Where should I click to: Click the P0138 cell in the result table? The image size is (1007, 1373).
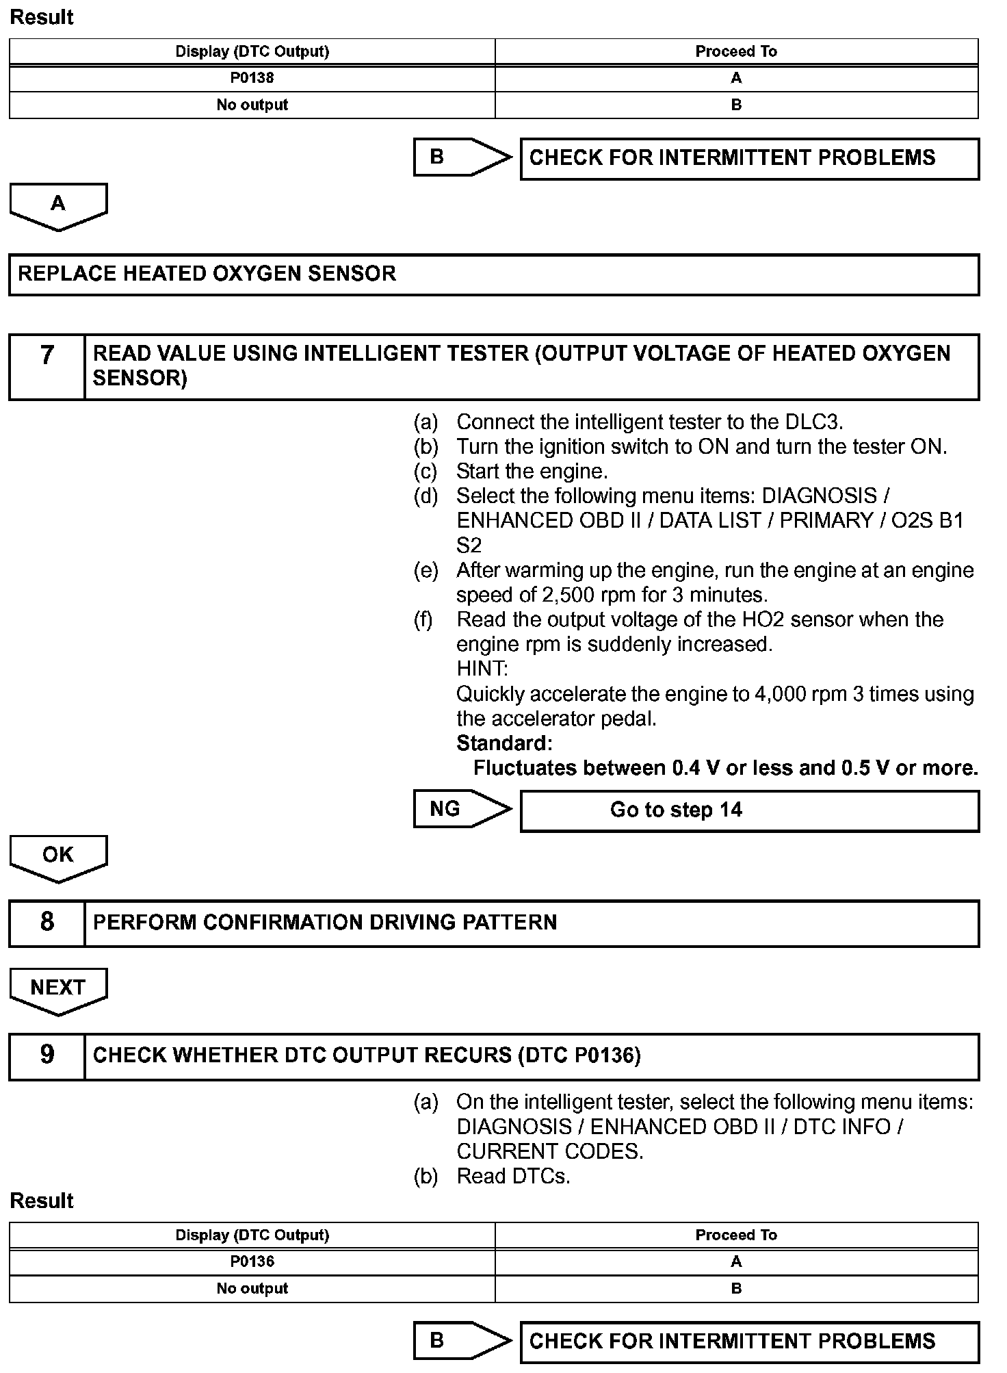point(252,78)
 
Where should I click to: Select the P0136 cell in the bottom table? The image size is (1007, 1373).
point(252,1261)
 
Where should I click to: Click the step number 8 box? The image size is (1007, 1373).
point(47,923)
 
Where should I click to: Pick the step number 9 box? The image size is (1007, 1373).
point(47,1055)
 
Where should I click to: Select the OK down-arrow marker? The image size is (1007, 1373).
point(58,856)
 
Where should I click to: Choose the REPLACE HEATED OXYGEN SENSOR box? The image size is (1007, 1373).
point(493,274)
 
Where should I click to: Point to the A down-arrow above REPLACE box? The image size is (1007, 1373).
point(58,205)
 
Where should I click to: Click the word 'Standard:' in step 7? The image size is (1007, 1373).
point(504,743)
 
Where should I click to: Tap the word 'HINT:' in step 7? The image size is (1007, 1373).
point(482,669)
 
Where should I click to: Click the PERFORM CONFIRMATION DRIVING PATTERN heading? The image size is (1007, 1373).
point(325,923)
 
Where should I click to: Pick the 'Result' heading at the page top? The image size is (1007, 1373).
point(42,17)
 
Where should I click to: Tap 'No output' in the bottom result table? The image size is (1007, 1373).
point(252,1289)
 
